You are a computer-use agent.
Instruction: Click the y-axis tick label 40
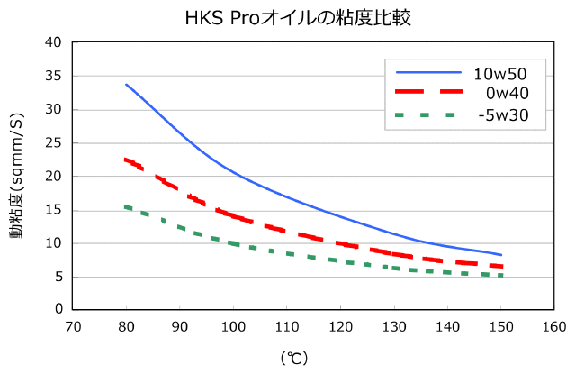54,42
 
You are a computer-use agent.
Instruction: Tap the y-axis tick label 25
54,142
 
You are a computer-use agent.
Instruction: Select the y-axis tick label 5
58,276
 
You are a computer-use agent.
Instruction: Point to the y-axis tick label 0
58,309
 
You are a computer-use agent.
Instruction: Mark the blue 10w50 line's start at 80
126,84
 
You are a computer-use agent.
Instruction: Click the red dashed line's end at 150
500,266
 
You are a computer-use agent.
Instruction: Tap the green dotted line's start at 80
126,206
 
